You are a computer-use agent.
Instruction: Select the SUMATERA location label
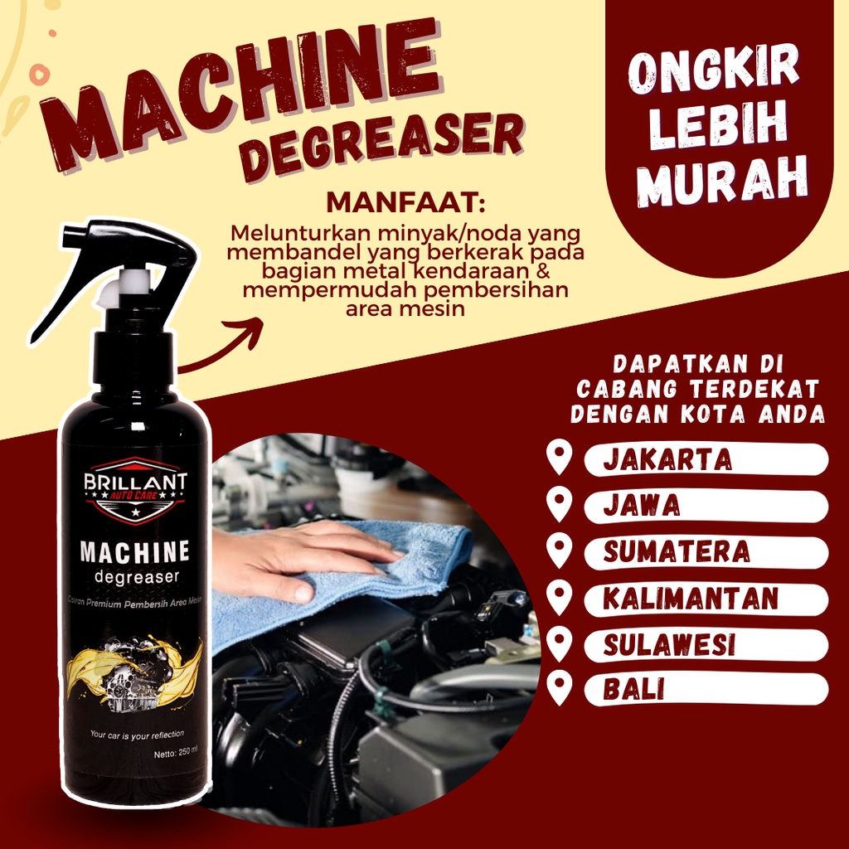[676, 551]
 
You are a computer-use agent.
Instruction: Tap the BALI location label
[633, 690]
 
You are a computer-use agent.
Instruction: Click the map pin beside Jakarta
[560, 458]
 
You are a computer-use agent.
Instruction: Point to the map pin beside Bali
[560, 689]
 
